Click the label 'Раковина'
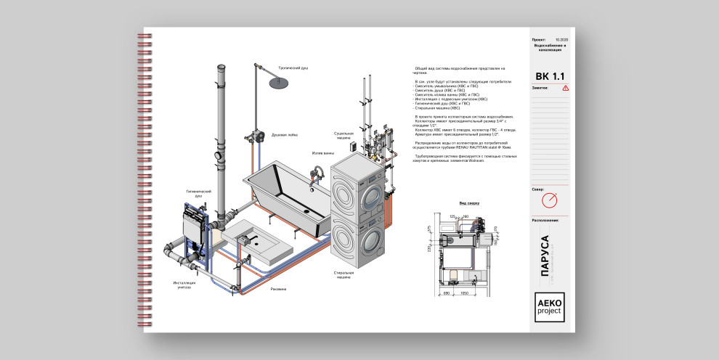point(278,289)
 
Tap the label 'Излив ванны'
point(322,153)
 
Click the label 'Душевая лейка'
point(283,135)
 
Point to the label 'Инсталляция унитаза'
point(183,285)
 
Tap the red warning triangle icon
point(566,88)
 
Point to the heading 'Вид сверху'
point(468,203)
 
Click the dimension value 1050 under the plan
point(466,292)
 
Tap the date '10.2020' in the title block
point(561,39)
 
